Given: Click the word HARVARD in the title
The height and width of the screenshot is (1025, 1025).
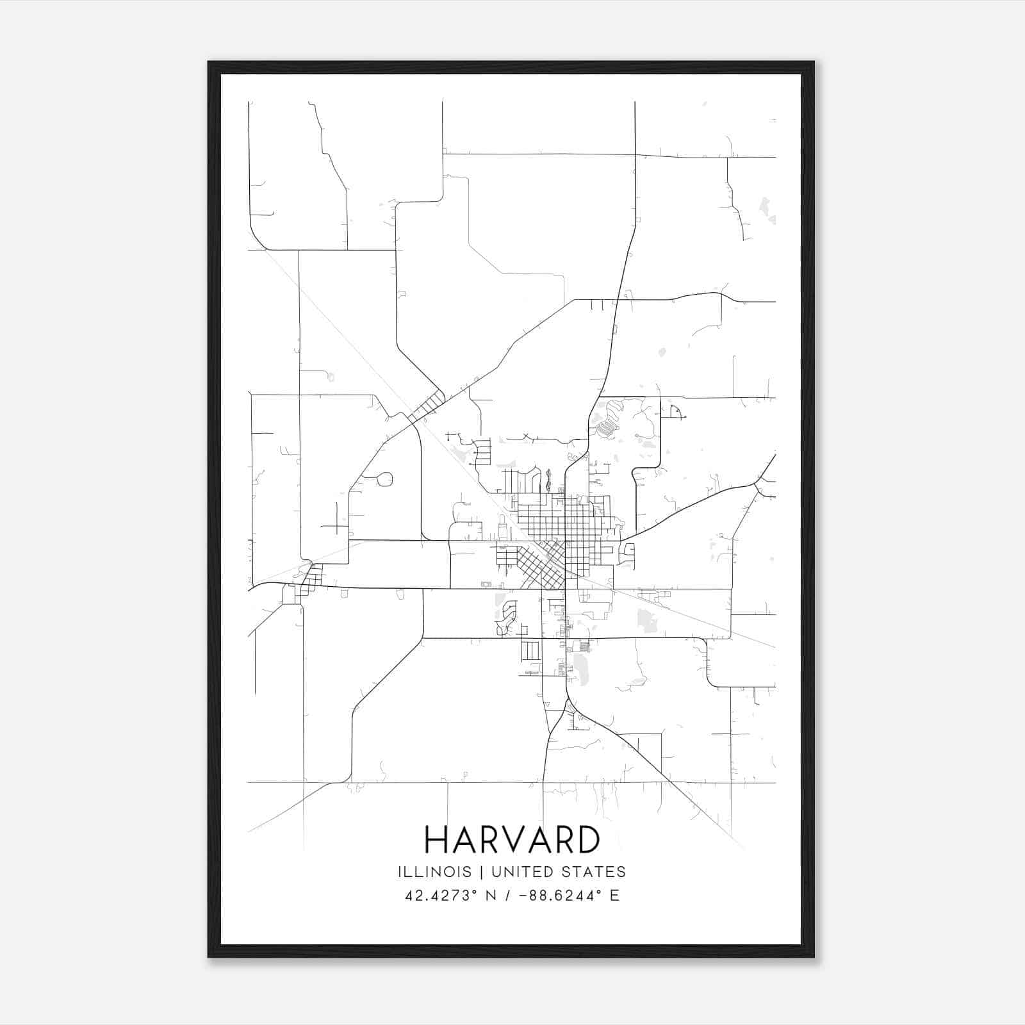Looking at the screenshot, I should (x=512, y=840).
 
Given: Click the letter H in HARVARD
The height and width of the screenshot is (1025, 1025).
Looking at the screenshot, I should (x=436, y=840).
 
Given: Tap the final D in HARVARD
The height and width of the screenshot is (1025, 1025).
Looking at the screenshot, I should (x=588, y=840).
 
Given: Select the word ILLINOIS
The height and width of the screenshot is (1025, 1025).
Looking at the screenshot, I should (x=434, y=872).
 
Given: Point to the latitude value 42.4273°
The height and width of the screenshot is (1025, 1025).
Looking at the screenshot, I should (x=441, y=896).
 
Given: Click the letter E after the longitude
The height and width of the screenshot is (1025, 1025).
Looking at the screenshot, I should (x=614, y=896).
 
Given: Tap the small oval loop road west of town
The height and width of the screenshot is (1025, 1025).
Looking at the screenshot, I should (x=384, y=479).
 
